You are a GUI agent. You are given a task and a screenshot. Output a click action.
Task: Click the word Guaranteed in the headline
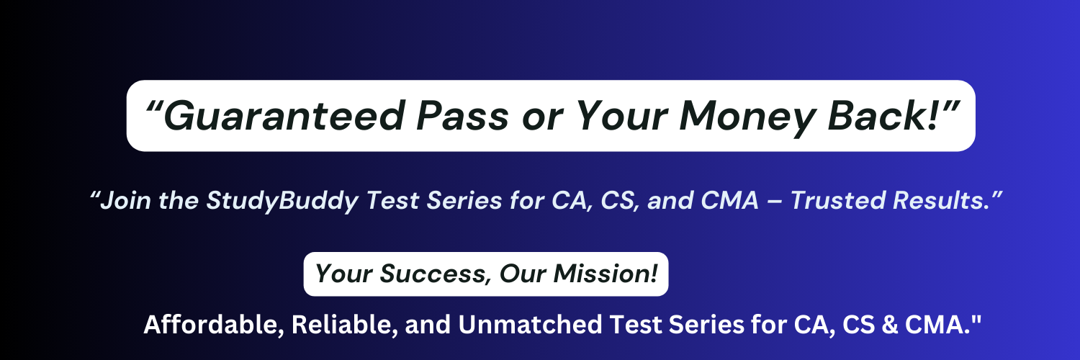[x=284, y=116]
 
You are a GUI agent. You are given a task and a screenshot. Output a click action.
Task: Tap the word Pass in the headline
[x=462, y=116]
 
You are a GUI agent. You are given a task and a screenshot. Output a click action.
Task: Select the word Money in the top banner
[x=747, y=118]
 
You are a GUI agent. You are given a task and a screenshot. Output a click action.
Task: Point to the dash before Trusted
[x=774, y=202]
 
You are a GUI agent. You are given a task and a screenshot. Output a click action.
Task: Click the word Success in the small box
[x=432, y=274]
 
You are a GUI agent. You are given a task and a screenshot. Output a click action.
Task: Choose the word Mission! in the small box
[x=606, y=274]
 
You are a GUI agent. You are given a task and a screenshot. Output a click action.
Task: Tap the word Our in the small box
[x=523, y=274]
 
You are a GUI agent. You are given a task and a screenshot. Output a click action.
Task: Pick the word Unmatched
[x=530, y=324]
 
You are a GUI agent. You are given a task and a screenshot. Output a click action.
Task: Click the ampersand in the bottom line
[x=889, y=325]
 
